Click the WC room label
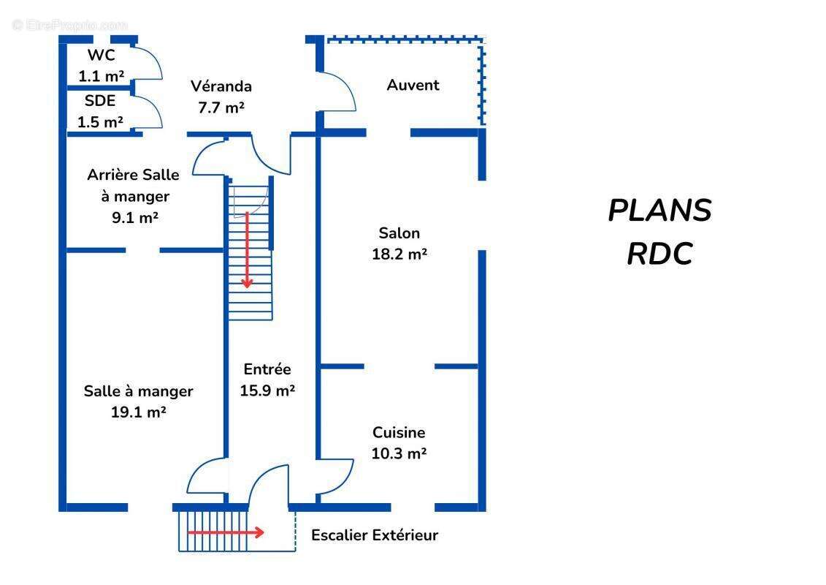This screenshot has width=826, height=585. coord(101,56)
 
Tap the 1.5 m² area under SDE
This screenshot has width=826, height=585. coord(100,122)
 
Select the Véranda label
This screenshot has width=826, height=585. coord(221,86)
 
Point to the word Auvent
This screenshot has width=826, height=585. coord(413,85)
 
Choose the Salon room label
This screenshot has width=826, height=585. coord(399,233)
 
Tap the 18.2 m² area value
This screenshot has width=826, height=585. coord(399,254)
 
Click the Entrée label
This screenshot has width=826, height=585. coord(267,369)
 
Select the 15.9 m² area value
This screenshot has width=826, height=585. coord(267,390)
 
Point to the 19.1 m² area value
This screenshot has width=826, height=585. coord(138,412)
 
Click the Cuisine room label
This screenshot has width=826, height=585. coord(399,432)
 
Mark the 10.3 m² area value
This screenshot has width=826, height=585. coord(399,453)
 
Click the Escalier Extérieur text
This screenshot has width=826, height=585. coord(375,535)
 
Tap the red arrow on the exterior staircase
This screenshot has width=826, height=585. coord(226,532)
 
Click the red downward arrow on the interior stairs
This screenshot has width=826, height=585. coord(248,249)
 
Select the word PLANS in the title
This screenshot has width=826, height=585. coord(659,211)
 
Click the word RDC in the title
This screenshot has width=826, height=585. coord(659,254)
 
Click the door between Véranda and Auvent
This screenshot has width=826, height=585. coord(337,91)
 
